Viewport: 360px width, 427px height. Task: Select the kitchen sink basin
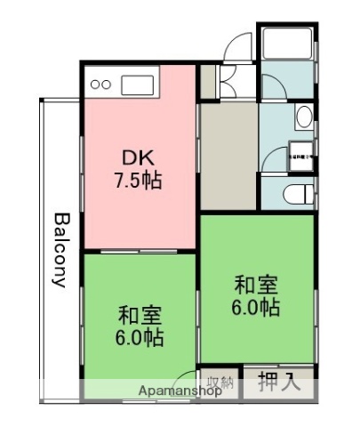[x=138, y=86]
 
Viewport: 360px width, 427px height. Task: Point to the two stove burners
[x=100, y=86]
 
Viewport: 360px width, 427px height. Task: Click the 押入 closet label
[x=278, y=383]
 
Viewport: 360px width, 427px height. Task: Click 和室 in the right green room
[x=256, y=286]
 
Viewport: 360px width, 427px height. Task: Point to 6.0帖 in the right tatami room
[x=256, y=308]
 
